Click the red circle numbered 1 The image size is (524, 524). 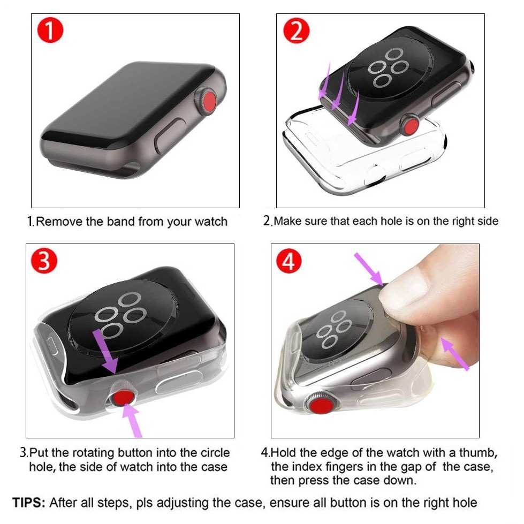(50, 30)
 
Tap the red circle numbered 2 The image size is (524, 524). (296, 30)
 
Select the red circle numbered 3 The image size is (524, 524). (44, 261)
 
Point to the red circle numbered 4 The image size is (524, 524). (289, 261)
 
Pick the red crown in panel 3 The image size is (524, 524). (123, 398)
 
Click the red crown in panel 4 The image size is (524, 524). (322, 407)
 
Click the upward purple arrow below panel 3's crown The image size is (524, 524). (132, 420)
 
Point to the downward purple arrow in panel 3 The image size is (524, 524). (105, 351)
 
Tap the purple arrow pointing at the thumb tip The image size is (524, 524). (369, 269)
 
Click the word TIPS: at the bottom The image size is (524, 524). (29, 503)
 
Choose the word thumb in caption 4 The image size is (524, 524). (478, 453)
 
